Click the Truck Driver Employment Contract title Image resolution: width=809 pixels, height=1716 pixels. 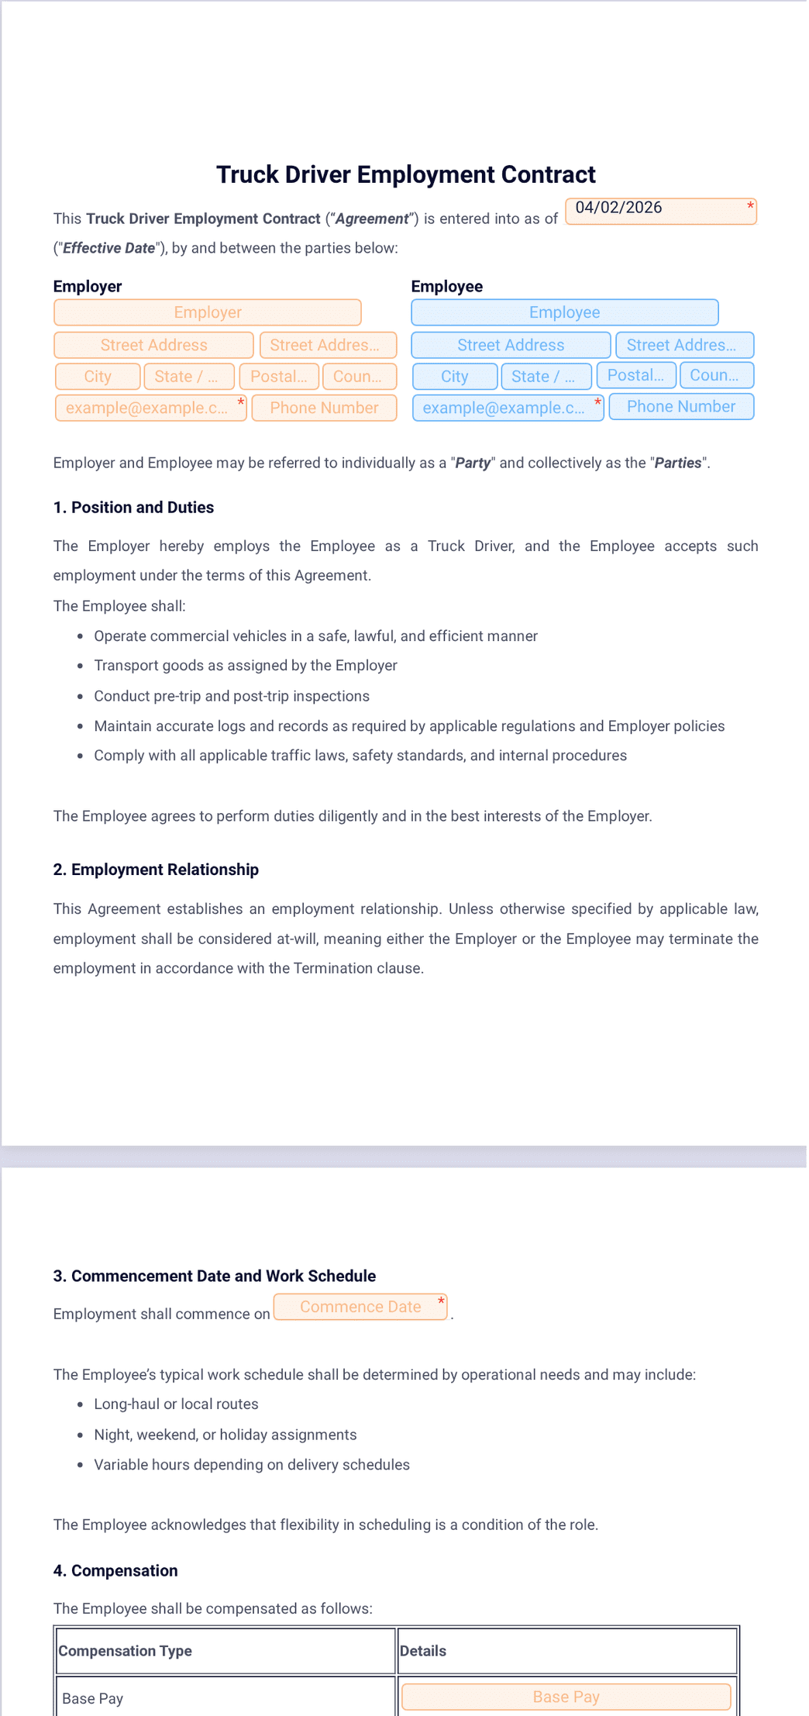pyautogui.click(x=405, y=175)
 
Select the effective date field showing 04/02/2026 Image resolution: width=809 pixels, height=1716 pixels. pyautogui.click(x=660, y=211)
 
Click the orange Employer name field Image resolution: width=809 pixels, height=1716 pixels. pyautogui.click(x=208, y=312)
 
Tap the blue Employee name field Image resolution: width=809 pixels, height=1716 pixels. pyautogui.click(x=564, y=312)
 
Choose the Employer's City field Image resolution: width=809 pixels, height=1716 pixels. pyautogui.click(x=98, y=377)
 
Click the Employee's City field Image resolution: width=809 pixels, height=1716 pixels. pyautogui.click(x=455, y=377)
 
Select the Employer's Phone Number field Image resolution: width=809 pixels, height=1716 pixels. pyautogui.click(x=324, y=408)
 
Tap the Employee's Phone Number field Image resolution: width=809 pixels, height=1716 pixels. pyautogui.click(x=680, y=407)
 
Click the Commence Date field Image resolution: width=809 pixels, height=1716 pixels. pyautogui.click(x=360, y=1307)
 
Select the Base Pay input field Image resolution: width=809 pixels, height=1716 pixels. pyautogui.click(x=566, y=1697)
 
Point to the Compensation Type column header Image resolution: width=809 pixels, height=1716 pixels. pyautogui.click(x=126, y=1651)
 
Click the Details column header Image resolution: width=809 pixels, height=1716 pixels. pyautogui.click(x=423, y=1651)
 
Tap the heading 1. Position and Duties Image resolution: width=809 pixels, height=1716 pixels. pyautogui.click(x=133, y=508)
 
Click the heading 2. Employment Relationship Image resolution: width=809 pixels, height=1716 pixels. pyautogui.click(x=156, y=870)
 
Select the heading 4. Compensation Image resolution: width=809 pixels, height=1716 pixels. pyautogui.click(x=115, y=1570)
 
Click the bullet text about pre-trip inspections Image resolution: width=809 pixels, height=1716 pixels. pyautogui.click(x=232, y=696)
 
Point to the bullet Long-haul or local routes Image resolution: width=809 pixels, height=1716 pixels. pyautogui.click(x=176, y=1404)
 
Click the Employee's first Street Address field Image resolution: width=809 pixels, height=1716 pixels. pyautogui.click(x=511, y=345)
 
